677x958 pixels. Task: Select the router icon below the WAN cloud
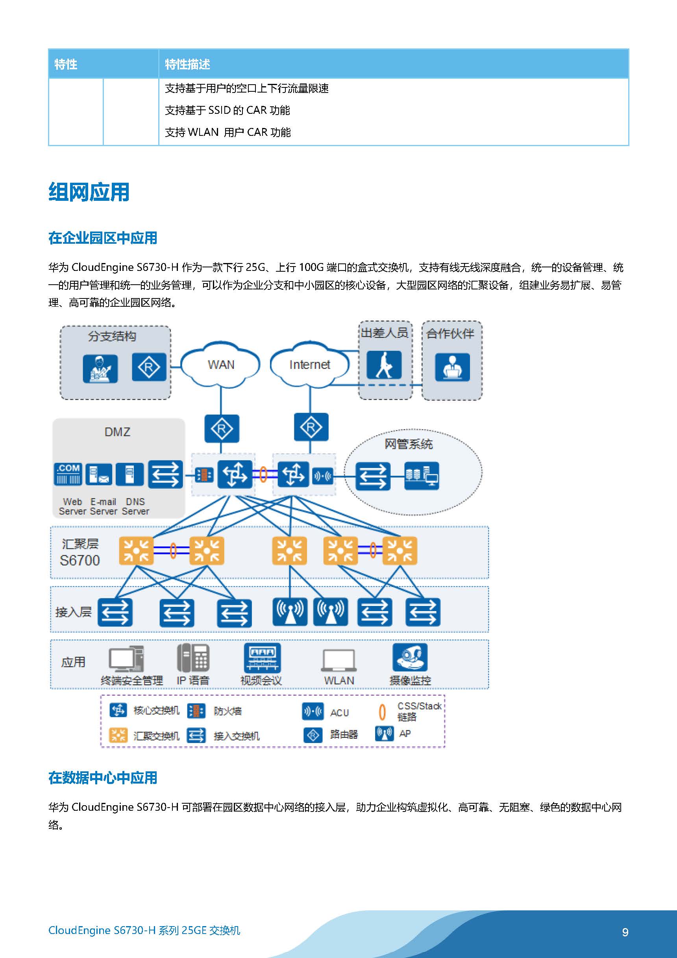pos(222,428)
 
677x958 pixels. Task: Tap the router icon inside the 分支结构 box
pos(149,367)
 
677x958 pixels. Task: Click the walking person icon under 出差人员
pos(384,365)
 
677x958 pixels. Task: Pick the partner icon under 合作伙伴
pos(452,367)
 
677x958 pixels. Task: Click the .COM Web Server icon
pos(68,474)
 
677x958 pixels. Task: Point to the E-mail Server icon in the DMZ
pos(99,474)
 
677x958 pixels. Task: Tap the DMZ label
pos(117,432)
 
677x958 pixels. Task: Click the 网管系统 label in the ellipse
pos(409,444)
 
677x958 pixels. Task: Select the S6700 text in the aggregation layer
pos(80,560)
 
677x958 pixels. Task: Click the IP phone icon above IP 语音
pos(193,658)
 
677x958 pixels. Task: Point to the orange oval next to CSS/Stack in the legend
pos(382,712)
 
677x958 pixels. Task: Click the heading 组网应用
pos(89,193)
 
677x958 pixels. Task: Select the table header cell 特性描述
pos(187,64)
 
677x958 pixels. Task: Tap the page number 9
pos(625,932)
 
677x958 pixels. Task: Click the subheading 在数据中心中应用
pos(103,778)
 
